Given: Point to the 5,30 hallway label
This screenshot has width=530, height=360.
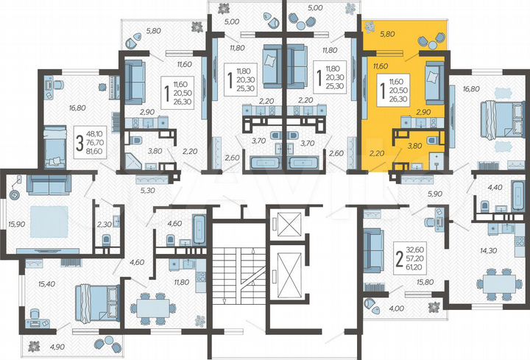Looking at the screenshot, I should pyautogui.click(x=147, y=190).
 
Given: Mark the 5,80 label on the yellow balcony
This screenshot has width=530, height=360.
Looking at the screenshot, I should pyautogui.click(x=387, y=33).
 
